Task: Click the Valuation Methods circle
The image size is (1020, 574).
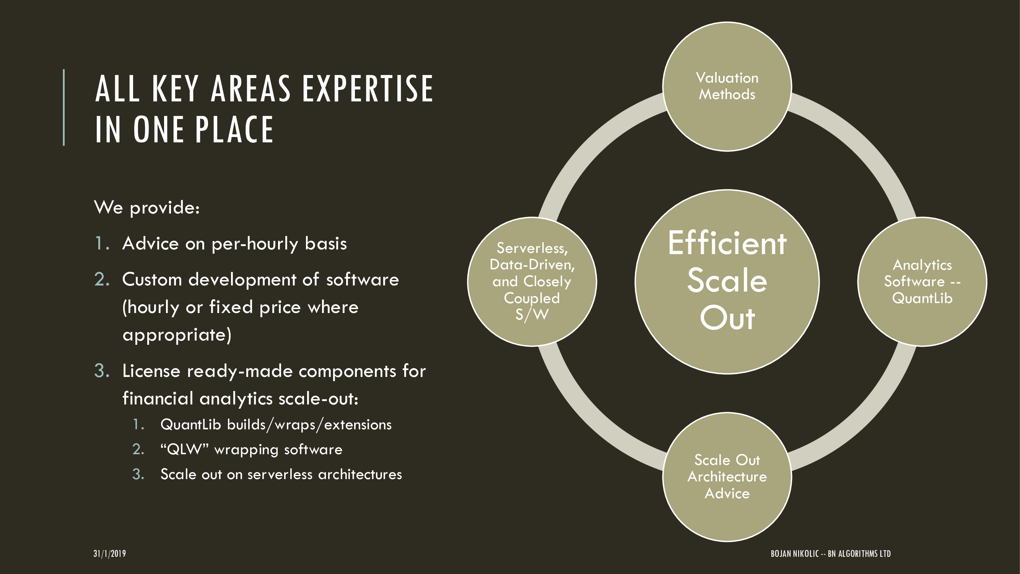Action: [727, 86]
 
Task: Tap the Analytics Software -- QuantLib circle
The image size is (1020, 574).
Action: [922, 282]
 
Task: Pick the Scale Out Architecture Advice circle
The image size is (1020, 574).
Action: [727, 476]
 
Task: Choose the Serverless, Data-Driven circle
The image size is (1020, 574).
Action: [532, 282]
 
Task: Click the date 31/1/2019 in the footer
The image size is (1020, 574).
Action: [110, 553]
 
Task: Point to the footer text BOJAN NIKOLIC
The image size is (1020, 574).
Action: [794, 553]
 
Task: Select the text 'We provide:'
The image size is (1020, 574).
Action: [147, 207]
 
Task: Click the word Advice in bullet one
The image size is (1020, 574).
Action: [150, 243]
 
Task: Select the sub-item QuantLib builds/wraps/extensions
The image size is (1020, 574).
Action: [276, 425]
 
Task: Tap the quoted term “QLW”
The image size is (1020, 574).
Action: [184, 450]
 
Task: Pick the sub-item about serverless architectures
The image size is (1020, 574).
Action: [281, 474]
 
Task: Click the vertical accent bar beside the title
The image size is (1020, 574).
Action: [64, 108]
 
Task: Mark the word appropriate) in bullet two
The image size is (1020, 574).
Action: [177, 335]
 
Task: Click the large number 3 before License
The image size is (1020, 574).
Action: [102, 371]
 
